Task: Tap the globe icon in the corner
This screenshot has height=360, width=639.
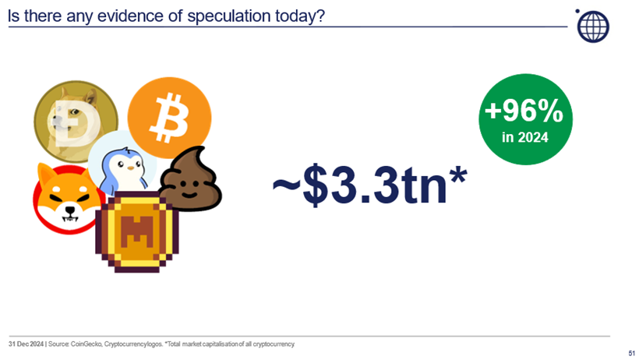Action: tap(593, 26)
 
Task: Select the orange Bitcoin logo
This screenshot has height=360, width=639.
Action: tap(170, 118)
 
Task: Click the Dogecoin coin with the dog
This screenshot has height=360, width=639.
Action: tap(76, 122)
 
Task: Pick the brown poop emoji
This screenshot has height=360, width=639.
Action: tap(190, 179)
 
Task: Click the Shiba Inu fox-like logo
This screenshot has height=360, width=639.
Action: tap(68, 199)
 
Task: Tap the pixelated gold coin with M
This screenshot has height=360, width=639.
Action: tap(137, 231)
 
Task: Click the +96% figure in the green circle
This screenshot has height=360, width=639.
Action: tap(524, 111)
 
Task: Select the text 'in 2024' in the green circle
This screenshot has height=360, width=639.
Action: tap(525, 137)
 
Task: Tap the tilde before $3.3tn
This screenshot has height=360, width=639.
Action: tap(286, 184)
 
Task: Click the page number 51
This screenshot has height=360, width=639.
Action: tap(632, 353)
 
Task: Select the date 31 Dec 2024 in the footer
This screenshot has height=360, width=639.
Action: tap(26, 344)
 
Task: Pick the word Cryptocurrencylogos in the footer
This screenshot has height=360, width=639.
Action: tap(133, 344)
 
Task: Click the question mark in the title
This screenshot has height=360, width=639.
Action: tap(320, 16)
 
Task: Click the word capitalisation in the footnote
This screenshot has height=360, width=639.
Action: tap(219, 344)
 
